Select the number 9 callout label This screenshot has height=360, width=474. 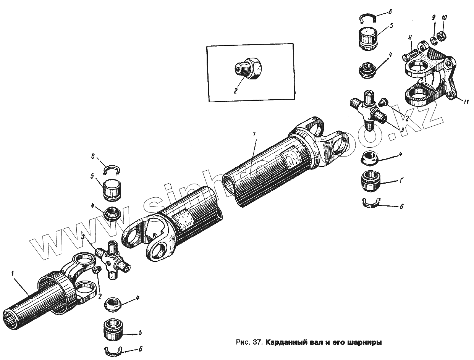click(433, 18)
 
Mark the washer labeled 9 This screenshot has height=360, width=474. click(434, 39)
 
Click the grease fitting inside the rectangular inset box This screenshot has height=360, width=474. click(249, 69)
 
